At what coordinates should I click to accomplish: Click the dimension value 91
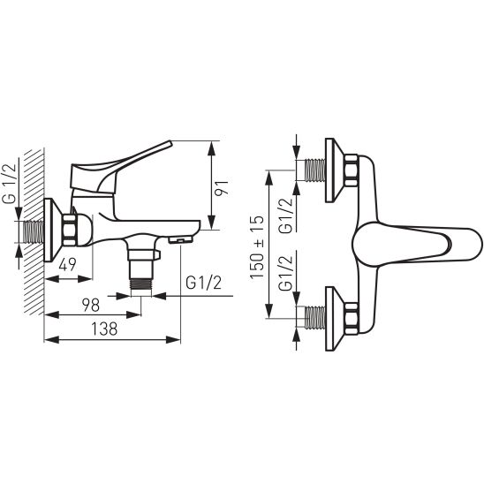tap(222, 187)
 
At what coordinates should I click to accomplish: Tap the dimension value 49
tap(68, 264)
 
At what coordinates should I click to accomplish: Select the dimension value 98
tap(91, 305)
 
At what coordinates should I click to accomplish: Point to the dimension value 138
tap(104, 329)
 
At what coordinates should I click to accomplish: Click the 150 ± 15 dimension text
tap(257, 247)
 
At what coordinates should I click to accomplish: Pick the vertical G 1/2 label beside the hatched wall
tap(9, 184)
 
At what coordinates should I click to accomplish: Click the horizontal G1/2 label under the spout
tap(203, 282)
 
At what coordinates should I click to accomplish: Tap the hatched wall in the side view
tap(34, 231)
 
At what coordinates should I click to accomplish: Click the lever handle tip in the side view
tap(170, 142)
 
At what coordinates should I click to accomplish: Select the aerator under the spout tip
tap(181, 239)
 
